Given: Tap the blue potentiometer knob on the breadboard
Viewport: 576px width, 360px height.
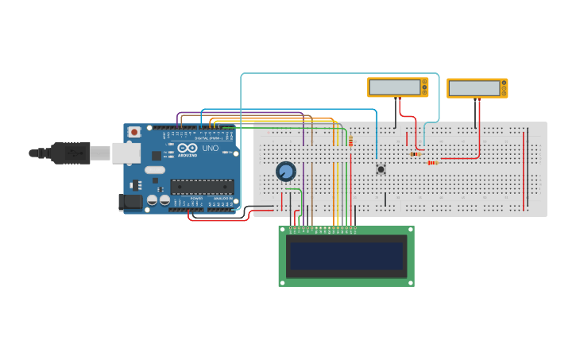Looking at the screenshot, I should (285, 171).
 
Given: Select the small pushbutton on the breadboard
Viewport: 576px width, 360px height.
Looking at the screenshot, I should (381, 168).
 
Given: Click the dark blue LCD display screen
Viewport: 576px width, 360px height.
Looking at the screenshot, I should (346, 256).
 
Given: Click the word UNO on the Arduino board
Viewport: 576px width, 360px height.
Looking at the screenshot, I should (211, 148).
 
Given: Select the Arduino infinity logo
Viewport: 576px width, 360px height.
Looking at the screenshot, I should (187, 148).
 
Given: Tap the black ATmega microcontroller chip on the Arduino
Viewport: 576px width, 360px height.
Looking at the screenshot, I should (202, 187).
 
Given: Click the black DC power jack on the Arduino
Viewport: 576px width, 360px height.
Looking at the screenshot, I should (130, 203).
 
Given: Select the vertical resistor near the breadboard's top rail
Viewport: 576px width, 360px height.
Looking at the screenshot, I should (350, 141).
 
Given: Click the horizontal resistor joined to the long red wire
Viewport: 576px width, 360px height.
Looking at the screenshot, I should (432, 162).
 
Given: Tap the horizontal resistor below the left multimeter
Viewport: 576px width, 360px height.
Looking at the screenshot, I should (416, 153).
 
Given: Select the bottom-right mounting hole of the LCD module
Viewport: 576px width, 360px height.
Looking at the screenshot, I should (409, 281).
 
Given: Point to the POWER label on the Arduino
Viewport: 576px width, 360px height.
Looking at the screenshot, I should (195, 210).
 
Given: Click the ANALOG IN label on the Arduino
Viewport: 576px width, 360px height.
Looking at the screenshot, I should (222, 210).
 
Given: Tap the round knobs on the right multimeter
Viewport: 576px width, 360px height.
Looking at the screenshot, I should (504, 87).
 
